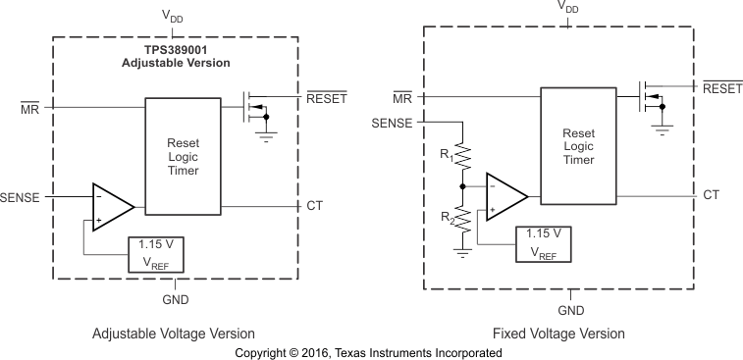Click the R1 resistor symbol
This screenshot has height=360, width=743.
[x=462, y=153]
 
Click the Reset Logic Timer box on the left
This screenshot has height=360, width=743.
[x=183, y=156]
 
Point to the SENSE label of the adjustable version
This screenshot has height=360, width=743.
[x=21, y=197]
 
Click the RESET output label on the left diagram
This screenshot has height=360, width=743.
[x=327, y=98]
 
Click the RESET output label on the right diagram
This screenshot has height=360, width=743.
[x=721, y=88]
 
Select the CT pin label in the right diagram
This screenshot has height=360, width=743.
[x=711, y=195]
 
